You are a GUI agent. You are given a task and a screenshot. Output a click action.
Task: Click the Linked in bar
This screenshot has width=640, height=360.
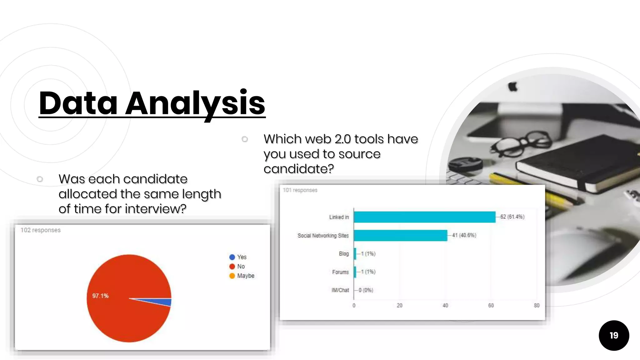point(424,217)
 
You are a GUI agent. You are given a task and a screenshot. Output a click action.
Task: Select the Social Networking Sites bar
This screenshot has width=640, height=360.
point(400,235)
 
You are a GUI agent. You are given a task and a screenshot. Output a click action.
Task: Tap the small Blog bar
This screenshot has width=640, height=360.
point(355,254)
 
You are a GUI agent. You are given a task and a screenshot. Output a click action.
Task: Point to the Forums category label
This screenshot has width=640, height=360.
point(340,272)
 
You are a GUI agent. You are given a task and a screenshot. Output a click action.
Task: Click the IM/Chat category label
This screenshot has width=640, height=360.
point(340,290)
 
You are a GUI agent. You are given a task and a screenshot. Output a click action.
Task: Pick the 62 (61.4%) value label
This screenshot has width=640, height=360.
point(512,217)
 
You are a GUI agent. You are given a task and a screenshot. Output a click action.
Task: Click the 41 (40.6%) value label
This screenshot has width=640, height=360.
point(464,235)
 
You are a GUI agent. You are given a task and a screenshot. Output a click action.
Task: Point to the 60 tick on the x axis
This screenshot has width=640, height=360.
point(491,306)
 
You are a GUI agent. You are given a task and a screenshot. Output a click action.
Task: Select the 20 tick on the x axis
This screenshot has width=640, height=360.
point(399,306)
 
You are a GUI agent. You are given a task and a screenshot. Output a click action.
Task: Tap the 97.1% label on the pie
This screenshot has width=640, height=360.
point(100,296)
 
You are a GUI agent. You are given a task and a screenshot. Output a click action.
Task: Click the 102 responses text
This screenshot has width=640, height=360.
point(41,230)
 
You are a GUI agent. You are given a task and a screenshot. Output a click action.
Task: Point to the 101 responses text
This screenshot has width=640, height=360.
point(300,190)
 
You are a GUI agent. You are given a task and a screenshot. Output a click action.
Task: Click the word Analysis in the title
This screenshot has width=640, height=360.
point(195,103)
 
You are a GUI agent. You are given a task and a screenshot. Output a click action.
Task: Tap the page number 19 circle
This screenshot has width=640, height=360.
point(614,335)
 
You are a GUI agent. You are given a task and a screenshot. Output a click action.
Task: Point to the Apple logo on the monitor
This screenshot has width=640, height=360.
point(512,87)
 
